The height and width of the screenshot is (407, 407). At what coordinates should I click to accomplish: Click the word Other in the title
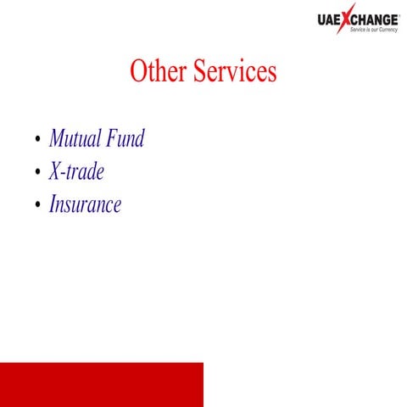coord(159,72)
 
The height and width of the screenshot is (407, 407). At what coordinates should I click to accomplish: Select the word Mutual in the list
coord(75,138)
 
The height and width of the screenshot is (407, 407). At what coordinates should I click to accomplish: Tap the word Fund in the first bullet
coord(125,138)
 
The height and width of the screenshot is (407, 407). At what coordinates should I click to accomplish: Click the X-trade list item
coord(77,172)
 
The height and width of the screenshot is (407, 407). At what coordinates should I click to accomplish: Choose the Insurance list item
coord(86,204)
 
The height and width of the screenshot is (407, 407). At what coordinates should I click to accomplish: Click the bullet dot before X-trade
coord(36,174)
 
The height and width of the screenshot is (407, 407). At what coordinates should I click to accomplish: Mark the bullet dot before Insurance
coord(36,206)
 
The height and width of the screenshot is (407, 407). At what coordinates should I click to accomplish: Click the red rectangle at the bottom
coord(102,384)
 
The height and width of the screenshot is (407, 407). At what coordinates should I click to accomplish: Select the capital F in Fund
coord(114,138)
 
